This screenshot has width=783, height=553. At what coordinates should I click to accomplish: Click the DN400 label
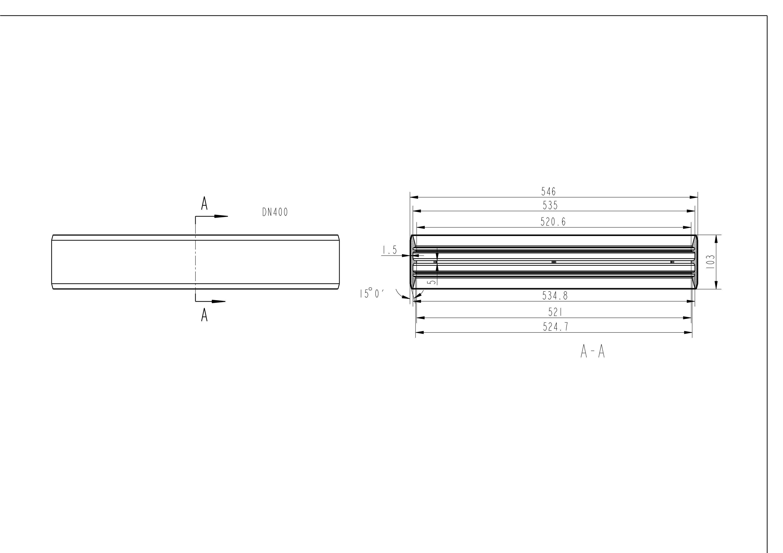[275, 212]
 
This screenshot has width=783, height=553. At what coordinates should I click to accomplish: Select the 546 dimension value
[548, 192]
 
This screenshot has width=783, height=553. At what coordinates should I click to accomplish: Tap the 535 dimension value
[550, 205]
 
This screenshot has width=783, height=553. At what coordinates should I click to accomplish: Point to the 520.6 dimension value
[553, 222]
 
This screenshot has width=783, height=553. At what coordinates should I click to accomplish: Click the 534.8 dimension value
[555, 296]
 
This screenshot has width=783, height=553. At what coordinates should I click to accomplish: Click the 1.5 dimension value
[389, 250]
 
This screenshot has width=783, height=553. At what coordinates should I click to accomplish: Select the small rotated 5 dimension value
[431, 282]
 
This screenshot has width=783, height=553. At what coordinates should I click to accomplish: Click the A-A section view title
[592, 352]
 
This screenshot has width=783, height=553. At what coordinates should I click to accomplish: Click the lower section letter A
[204, 315]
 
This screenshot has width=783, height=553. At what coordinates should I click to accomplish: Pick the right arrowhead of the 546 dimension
[693, 197]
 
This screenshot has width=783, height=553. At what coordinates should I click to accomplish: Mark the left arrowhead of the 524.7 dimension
[420, 332]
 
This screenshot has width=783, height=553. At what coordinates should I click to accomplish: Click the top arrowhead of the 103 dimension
[716, 239]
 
